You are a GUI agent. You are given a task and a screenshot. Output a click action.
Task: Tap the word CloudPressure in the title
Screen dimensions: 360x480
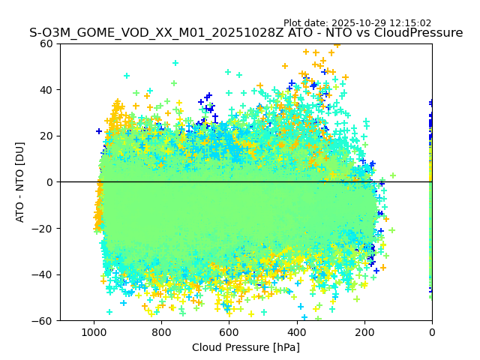click(419, 33)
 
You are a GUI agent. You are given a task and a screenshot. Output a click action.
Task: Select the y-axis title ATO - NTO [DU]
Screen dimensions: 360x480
click(20, 181)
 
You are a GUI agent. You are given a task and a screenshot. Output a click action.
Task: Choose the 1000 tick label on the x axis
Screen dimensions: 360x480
click(94, 331)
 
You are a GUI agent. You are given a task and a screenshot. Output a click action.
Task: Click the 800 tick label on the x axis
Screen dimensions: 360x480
click(161, 331)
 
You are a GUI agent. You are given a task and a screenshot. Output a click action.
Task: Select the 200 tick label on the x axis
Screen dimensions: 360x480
click(364, 331)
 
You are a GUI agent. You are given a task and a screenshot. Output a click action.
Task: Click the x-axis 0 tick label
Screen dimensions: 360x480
click(432, 331)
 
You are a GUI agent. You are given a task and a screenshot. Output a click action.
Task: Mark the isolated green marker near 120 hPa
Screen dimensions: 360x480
click(392, 175)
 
